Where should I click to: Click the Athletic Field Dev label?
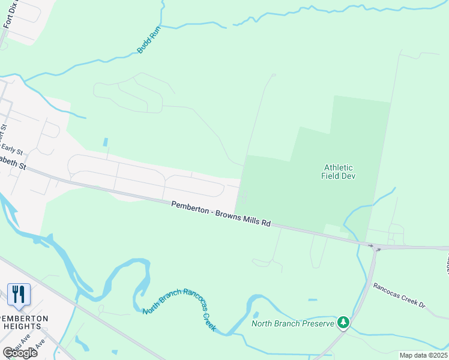tap(339, 172)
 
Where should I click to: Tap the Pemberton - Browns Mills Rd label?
tap(221, 214)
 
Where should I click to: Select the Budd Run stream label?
tap(149, 41)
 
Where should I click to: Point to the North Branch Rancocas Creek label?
tap(179, 309)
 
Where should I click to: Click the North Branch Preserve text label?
tap(292, 324)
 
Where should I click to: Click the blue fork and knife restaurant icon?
tap(19, 294)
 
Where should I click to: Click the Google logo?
tap(20, 352)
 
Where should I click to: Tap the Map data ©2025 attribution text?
tap(423, 355)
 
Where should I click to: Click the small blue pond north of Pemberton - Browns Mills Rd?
tap(106, 143)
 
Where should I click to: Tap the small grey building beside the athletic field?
tap(244, 196)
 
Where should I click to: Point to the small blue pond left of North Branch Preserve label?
tap(256, 314)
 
